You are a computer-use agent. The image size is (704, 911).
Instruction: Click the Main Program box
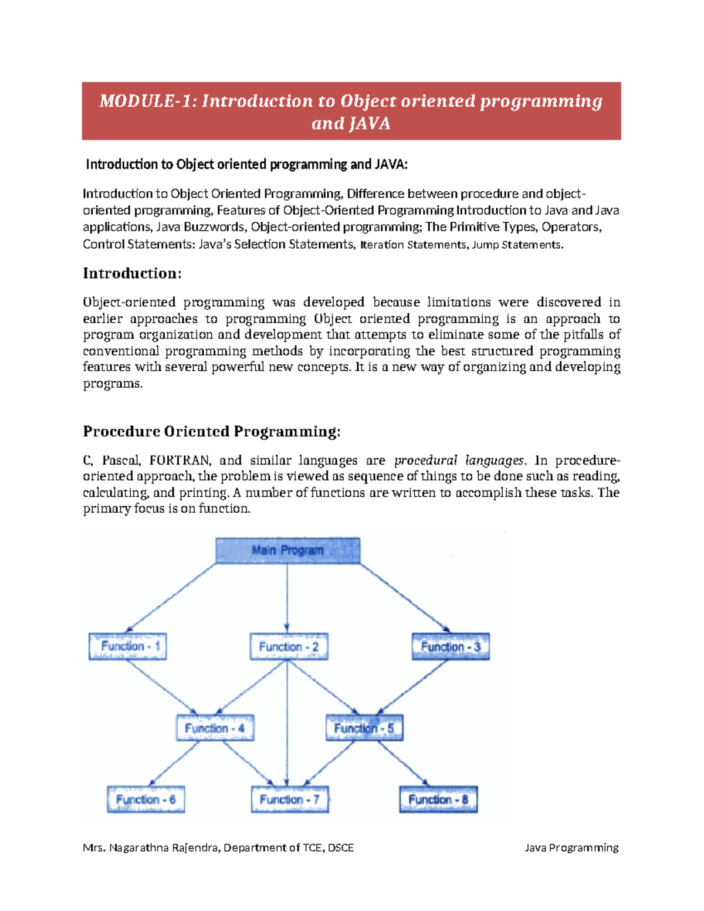pos(287,550)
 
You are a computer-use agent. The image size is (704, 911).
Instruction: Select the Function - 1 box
pos(127,646)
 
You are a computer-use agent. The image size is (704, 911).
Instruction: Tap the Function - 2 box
pos(289,646)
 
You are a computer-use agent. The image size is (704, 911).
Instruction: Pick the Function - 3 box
pos(451,646)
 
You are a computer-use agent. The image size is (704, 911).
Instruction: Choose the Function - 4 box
pos(215,728)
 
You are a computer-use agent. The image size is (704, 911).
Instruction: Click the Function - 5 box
pos(364,728)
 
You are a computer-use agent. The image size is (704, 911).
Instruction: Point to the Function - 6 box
pos(145,800)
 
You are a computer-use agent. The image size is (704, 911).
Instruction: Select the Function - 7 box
pos(290,800)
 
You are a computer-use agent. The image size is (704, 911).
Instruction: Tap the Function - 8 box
pos(438,800)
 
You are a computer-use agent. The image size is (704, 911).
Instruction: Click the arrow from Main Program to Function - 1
pos(171,597)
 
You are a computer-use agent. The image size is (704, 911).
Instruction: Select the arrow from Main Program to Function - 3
pos(405,597)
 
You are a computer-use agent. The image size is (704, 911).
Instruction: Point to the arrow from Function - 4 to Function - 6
pos(174,763)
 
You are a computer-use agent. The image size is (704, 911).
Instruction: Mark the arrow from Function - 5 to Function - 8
pos(404,763)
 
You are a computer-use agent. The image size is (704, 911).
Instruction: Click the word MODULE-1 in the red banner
pos(147,101)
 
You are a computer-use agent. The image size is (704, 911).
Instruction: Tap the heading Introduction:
pos(132,273)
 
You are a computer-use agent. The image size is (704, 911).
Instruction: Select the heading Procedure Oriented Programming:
pos(211,432)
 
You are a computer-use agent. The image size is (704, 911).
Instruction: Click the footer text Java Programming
pos(571,848)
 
